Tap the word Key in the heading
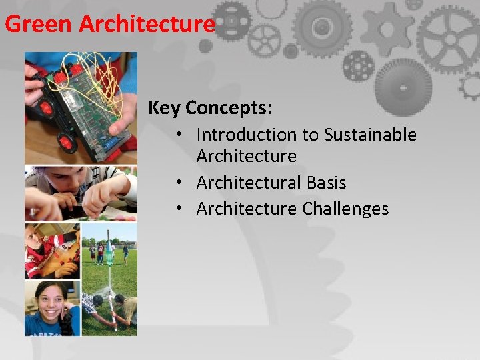tap(164, 107)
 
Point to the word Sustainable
tap(370, 135)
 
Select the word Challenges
tap(345, 209)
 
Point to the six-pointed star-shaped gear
tap(387, 29)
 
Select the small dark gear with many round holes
tap(358, 65)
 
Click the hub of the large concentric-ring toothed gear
tap(322, 27)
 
